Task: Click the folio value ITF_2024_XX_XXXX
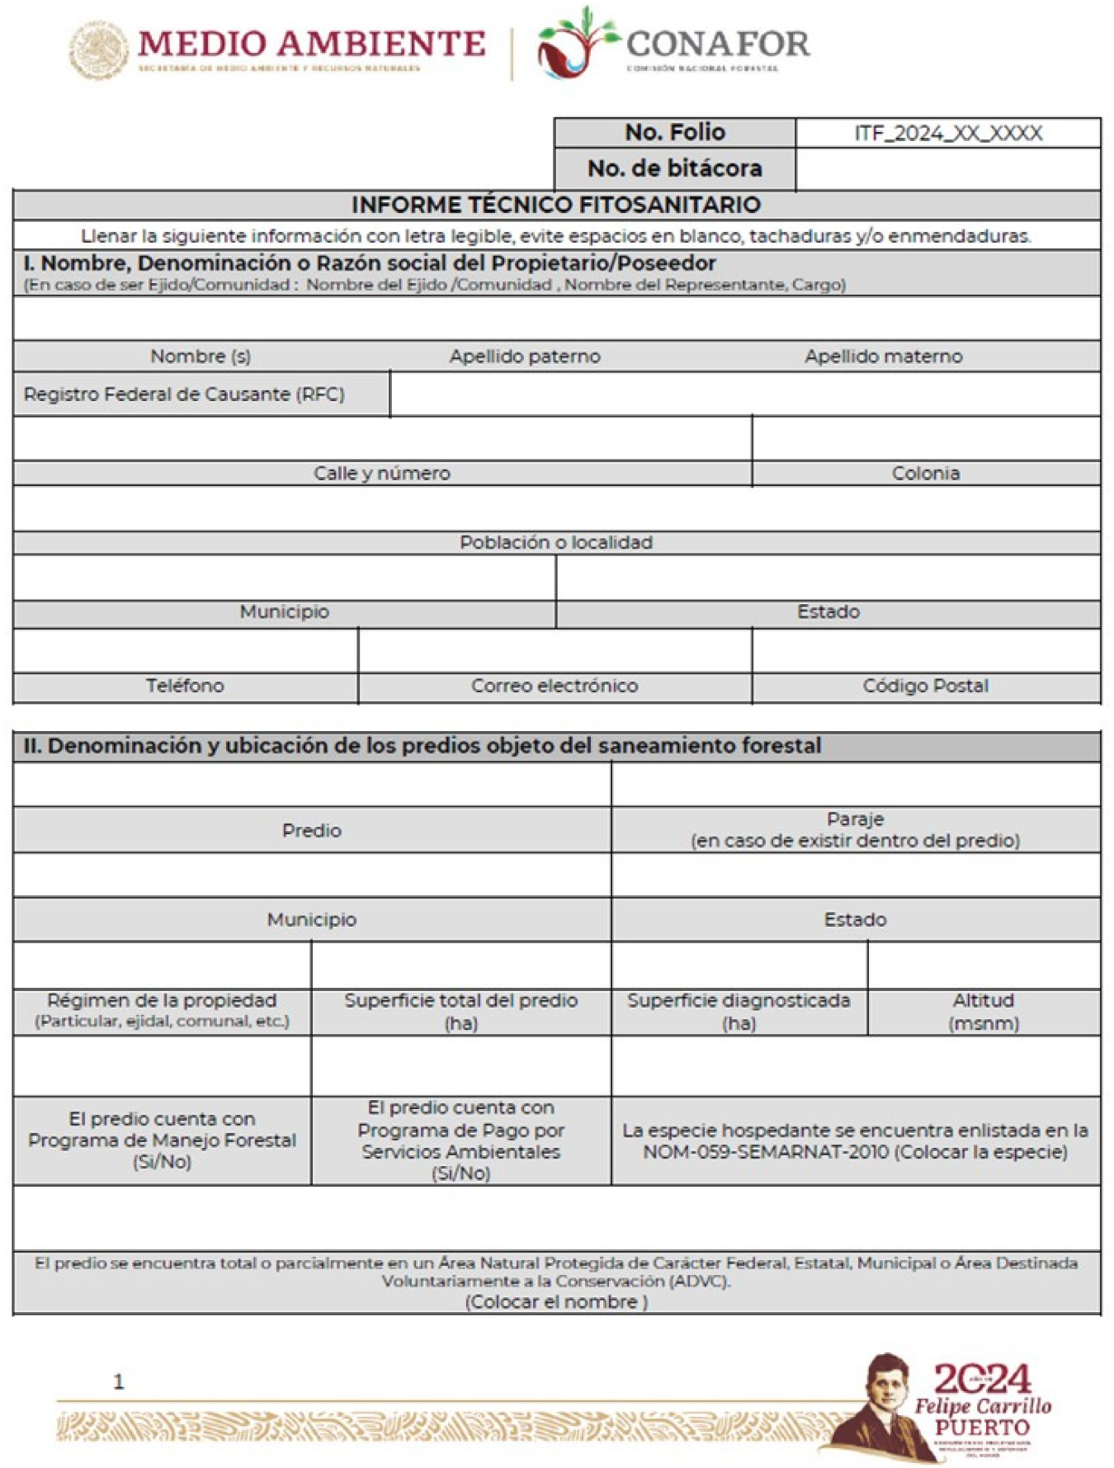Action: (x=948, y=134)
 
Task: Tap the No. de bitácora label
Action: (x=674, y=168)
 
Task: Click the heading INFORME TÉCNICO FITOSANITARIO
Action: (x=556, y=205)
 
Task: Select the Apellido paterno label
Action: (x=525, y=356)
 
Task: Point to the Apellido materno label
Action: (x=884, y=356)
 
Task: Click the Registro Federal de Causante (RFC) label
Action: (x=184, y=394)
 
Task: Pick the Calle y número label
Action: (x=382, y=474)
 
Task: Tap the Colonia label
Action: (x=926, y=474)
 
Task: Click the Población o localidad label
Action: (x=556, y=543)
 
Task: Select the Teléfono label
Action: (x=185, y=686)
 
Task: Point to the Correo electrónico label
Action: (x=555, y=686)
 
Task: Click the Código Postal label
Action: (x=926, y=686)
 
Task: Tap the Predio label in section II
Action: (x=312, y=831)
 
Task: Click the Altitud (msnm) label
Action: (x=984, y=1012)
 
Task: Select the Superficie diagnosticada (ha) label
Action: (x=739, y=1012)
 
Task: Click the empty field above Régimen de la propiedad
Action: (x=163, y=965)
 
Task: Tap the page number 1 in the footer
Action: (x=119, y=1381)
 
